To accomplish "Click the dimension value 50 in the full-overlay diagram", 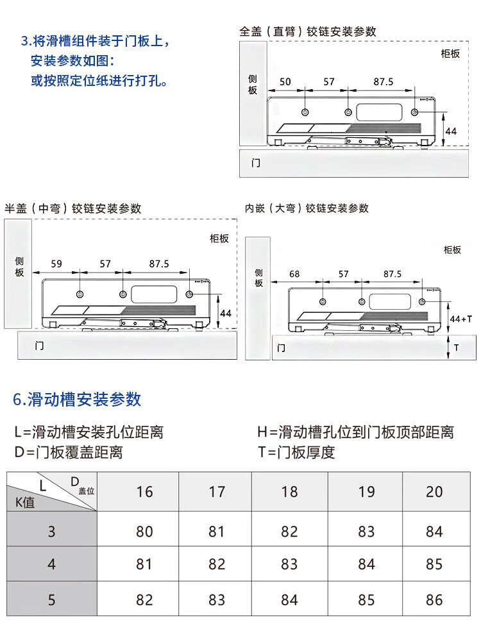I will (x=285, y=81).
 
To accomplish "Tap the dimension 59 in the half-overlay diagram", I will (x=56, y=264).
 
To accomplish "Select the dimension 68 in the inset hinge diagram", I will (x=294, y=274).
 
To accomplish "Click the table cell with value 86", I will (x=434, y=600).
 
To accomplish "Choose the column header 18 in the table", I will (x=289, y=492).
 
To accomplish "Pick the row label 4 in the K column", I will (x=51, y=564).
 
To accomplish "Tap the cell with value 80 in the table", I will (x=144, y=532).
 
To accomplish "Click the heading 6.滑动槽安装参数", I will (x=77, y=399).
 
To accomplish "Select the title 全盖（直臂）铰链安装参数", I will (x=307, y=31).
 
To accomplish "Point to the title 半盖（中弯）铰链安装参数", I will (x=73, y=208).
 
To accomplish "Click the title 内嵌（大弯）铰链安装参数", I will (x=307, y=208).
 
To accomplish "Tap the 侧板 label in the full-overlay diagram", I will (x=253, y=84).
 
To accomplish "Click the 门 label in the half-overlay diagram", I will (x=40, y=346).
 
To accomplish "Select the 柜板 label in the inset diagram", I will (x=451, y=249).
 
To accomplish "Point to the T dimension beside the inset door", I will (x=456, y=348).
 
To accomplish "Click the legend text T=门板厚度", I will (x=296, y=452).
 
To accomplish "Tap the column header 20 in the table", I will (x=434, y=492).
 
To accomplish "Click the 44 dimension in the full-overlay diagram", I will (x=451, y=131).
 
